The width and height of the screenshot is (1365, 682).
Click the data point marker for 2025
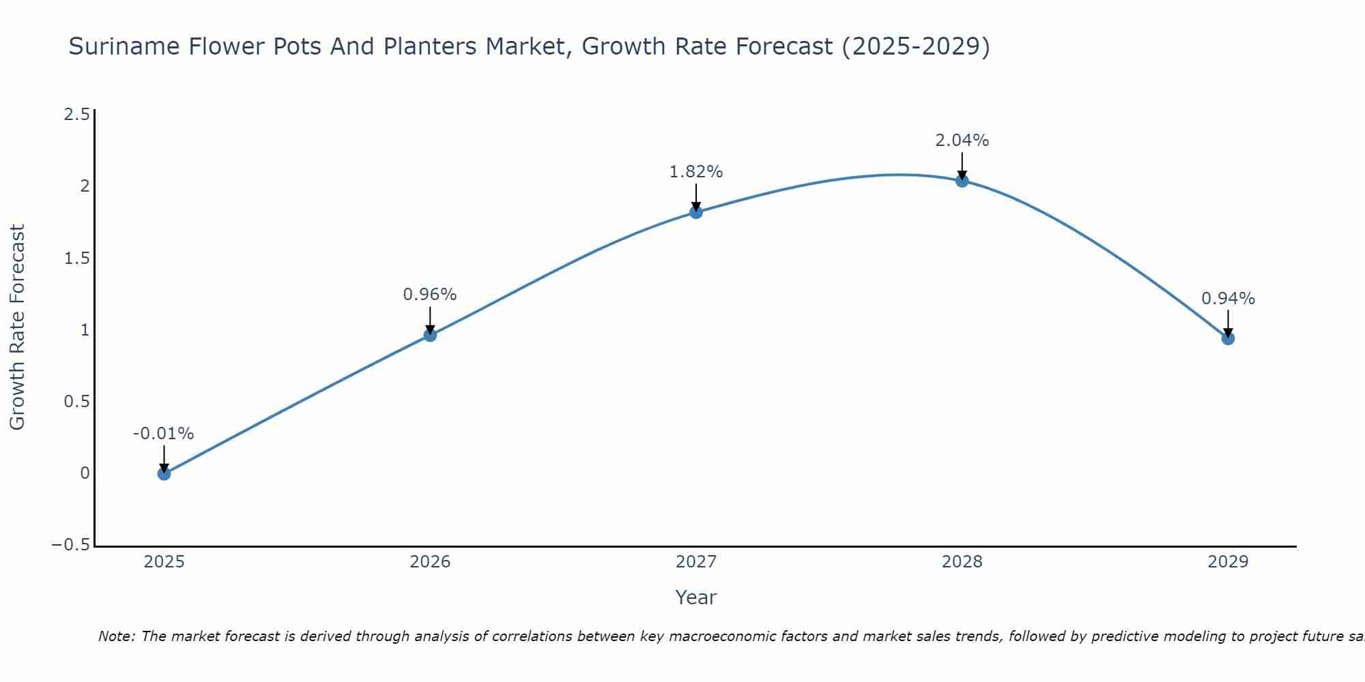coord(164,473)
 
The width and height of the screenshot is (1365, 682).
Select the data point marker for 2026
coord(430,335)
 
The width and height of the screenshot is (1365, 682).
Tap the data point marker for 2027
coord(696,212)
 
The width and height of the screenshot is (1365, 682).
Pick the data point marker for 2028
coord(962,181)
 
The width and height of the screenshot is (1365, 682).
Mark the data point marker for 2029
coord(1228,338)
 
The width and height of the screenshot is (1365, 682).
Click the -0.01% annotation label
coord(163,434)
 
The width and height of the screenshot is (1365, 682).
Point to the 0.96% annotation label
coord(429,295)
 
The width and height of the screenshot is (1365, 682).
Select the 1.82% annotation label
coord(695,172)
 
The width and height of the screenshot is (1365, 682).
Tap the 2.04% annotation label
coord(962,140)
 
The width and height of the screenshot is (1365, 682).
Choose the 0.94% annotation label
coord(1228,299)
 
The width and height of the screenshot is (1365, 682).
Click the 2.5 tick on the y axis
coord(76,115)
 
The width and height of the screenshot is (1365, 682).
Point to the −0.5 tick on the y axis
coord(70,545)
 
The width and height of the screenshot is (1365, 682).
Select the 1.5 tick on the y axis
coord(76,258)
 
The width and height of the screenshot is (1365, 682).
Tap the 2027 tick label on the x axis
coord(696,562)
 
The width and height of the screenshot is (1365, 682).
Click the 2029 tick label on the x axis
coord(1228,562)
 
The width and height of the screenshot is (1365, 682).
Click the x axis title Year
coord(695,597)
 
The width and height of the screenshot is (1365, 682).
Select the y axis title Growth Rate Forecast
coord(17,327)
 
